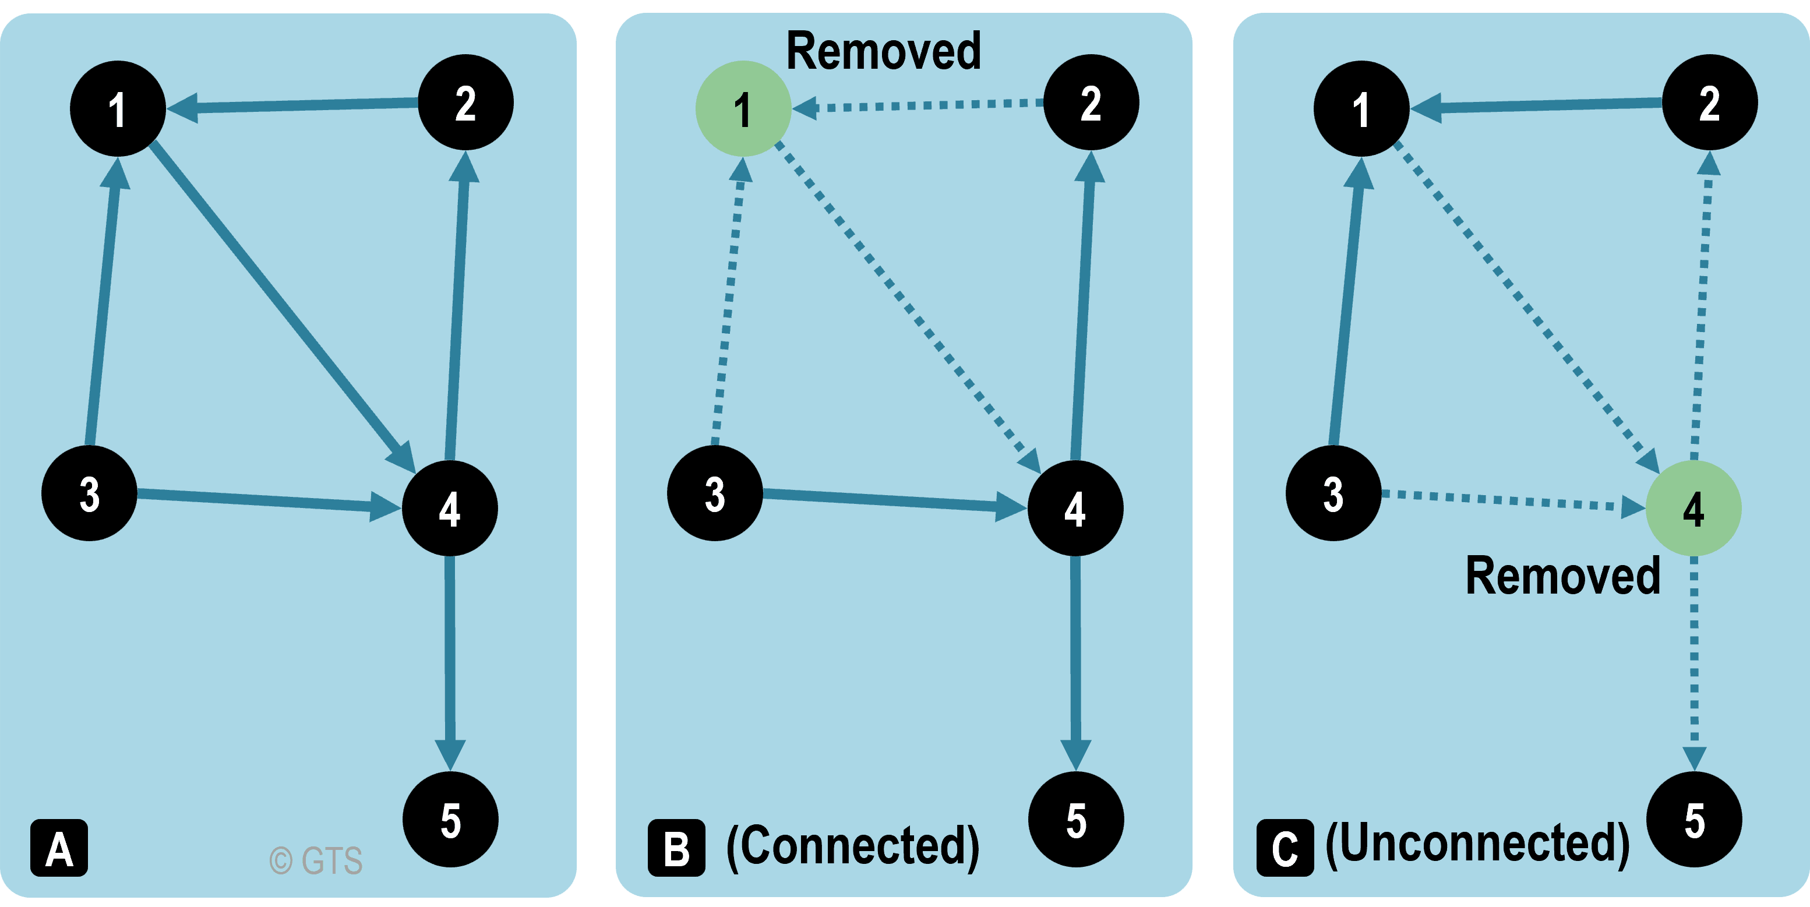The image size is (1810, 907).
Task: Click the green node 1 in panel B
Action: pyautogui.click(x=743, y=109)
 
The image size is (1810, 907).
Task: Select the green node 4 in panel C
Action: pyautogui.click(x=1693, y=508)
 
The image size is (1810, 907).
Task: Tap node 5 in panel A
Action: pyautogui.click(x=450, y=819)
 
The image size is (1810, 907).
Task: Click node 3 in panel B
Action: pyautogui.click(x=715, y=493)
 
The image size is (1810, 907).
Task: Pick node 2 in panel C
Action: pyautogui.click(x=1710, y=103)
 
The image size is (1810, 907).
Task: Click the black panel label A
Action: pyautogui.click(x=59, y=848)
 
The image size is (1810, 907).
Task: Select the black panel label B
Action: pyautogui.click(x=676, y=848)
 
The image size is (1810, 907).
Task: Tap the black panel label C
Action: pyautogui.click(x=1285, y=848)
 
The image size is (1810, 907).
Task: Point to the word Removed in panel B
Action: pyautogui.click(x=883, y=51)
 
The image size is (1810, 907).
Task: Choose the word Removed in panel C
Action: pyautogui.click(x=1562, y=576)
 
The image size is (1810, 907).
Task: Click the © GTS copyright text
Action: pyautogui.click(x=316, y=860)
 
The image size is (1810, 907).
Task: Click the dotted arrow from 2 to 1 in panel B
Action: pyautogui.click(x=920, y=105)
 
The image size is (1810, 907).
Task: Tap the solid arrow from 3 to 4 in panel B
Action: pyautogui.click(x=885, y=499)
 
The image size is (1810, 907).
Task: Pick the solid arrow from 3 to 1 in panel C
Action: pyautogui.click(x=1347, y=302)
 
